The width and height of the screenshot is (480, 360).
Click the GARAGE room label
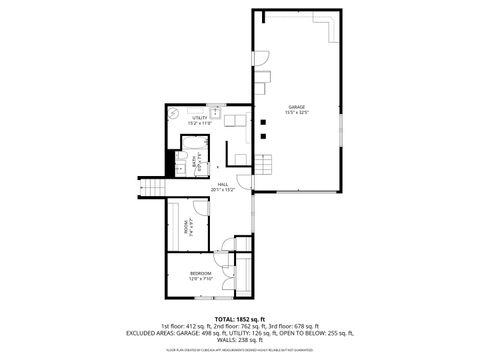[297, 106]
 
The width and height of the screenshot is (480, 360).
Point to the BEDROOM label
[201, 272]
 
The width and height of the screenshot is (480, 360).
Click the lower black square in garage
[263, 134]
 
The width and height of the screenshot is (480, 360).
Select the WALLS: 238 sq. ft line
[240, 339]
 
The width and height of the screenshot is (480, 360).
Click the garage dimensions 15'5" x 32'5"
[297, 112]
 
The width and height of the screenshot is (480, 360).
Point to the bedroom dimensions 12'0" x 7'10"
[201, 278]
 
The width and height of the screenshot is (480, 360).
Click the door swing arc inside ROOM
[199, 211]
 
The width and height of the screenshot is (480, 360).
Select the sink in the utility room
[213, 113]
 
